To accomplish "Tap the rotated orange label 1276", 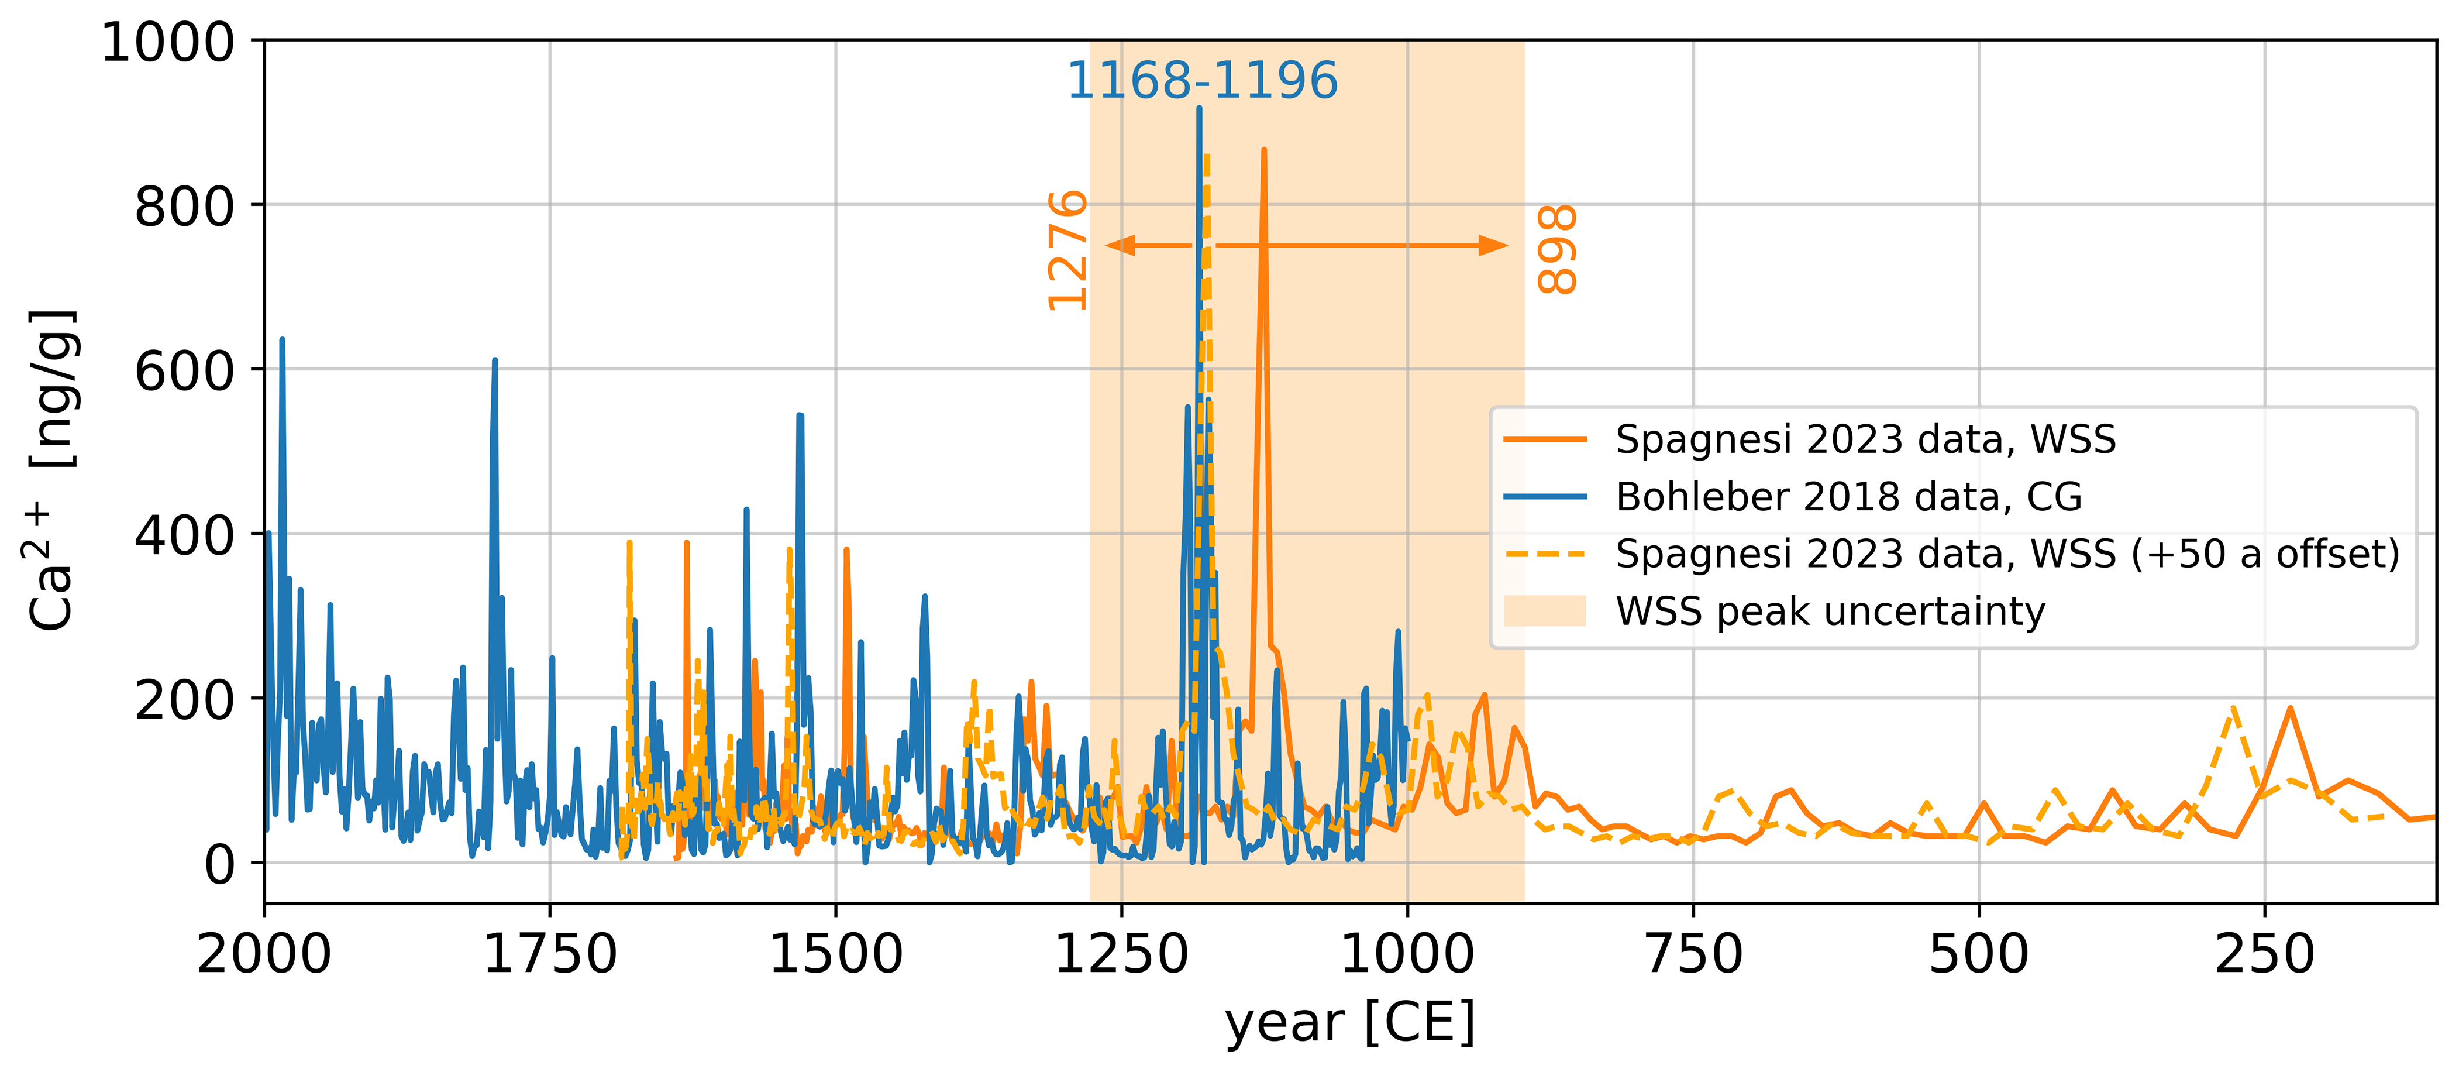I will (1067, 250).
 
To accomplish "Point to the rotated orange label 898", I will (1557, 249).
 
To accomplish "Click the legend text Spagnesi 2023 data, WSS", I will (1865, 439).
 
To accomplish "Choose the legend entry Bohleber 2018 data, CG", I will (1848, 496).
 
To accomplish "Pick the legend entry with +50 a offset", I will (2006, 554).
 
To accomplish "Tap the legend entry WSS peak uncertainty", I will (1830, 611).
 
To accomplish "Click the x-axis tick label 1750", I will (550, 954).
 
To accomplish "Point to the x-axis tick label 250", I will (2264, 954).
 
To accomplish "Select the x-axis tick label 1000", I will (1407, 954).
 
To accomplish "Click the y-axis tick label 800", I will (184, 206).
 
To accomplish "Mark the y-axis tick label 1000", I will (167, 43).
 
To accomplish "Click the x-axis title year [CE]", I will (1350, 1022).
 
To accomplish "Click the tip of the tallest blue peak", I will (1199, 108).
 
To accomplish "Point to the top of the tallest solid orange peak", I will (1264, 150).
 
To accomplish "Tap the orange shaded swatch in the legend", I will (1545, 611).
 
